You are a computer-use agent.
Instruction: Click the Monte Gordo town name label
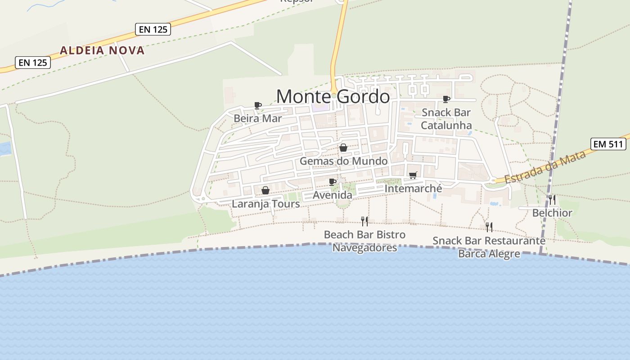click(x=333, y=97)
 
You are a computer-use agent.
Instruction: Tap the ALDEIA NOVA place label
click(x=102, y=50)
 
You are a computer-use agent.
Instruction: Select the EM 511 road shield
click(x=608, y=144)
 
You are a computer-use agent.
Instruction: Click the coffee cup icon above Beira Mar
click(x=258, y=105)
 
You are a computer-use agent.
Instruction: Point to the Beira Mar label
click(x=257, y=118)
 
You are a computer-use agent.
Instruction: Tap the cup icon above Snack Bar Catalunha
click(x=446, y=99)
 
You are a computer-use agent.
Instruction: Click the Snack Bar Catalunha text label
click(x=446, y=119)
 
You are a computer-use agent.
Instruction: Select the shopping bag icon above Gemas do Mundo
click(x=343, y=148)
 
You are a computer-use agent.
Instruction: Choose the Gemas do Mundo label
click(x=343, y=161)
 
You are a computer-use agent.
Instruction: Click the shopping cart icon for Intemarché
click(x=413, y=175)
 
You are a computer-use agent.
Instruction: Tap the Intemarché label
click(x=413, y=189)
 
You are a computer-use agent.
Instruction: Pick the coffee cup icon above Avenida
click(x=333, y=182)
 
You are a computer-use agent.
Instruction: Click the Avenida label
click(x=333, y=195)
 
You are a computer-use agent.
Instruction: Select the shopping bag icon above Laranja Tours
click(x=265, y=190)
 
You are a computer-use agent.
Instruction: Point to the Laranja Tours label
click(x=265, y=204)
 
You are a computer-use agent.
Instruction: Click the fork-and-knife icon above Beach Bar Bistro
click(x=364, y=221)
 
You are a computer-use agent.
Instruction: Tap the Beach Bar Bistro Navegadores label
click(x=364, y=241)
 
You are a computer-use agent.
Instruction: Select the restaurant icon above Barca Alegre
click(x=489, y=227)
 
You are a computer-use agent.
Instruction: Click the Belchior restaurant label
click(x=552, y=213)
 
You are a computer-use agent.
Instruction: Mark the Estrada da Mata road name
click(x=545, y=167)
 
